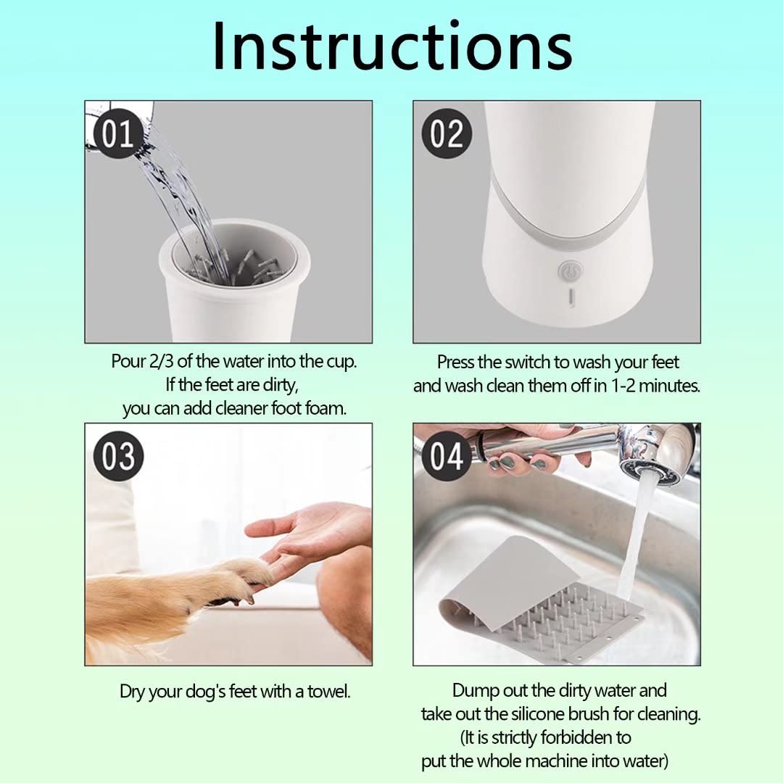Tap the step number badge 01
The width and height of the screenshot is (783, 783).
point(117,133)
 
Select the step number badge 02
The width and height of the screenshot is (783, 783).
point(446,133)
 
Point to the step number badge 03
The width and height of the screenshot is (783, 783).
point(117,457)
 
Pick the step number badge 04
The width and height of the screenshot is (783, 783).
point(446,457)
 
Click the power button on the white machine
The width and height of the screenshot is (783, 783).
point(569,273)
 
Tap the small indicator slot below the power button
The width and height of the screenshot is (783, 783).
point(570,297)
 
